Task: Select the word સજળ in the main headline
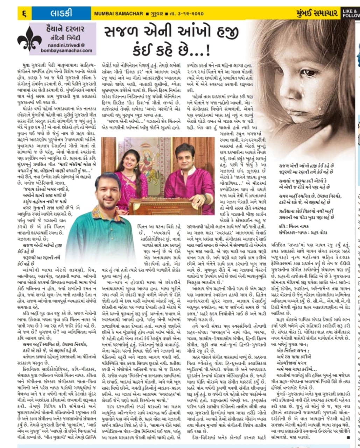point(122,33)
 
